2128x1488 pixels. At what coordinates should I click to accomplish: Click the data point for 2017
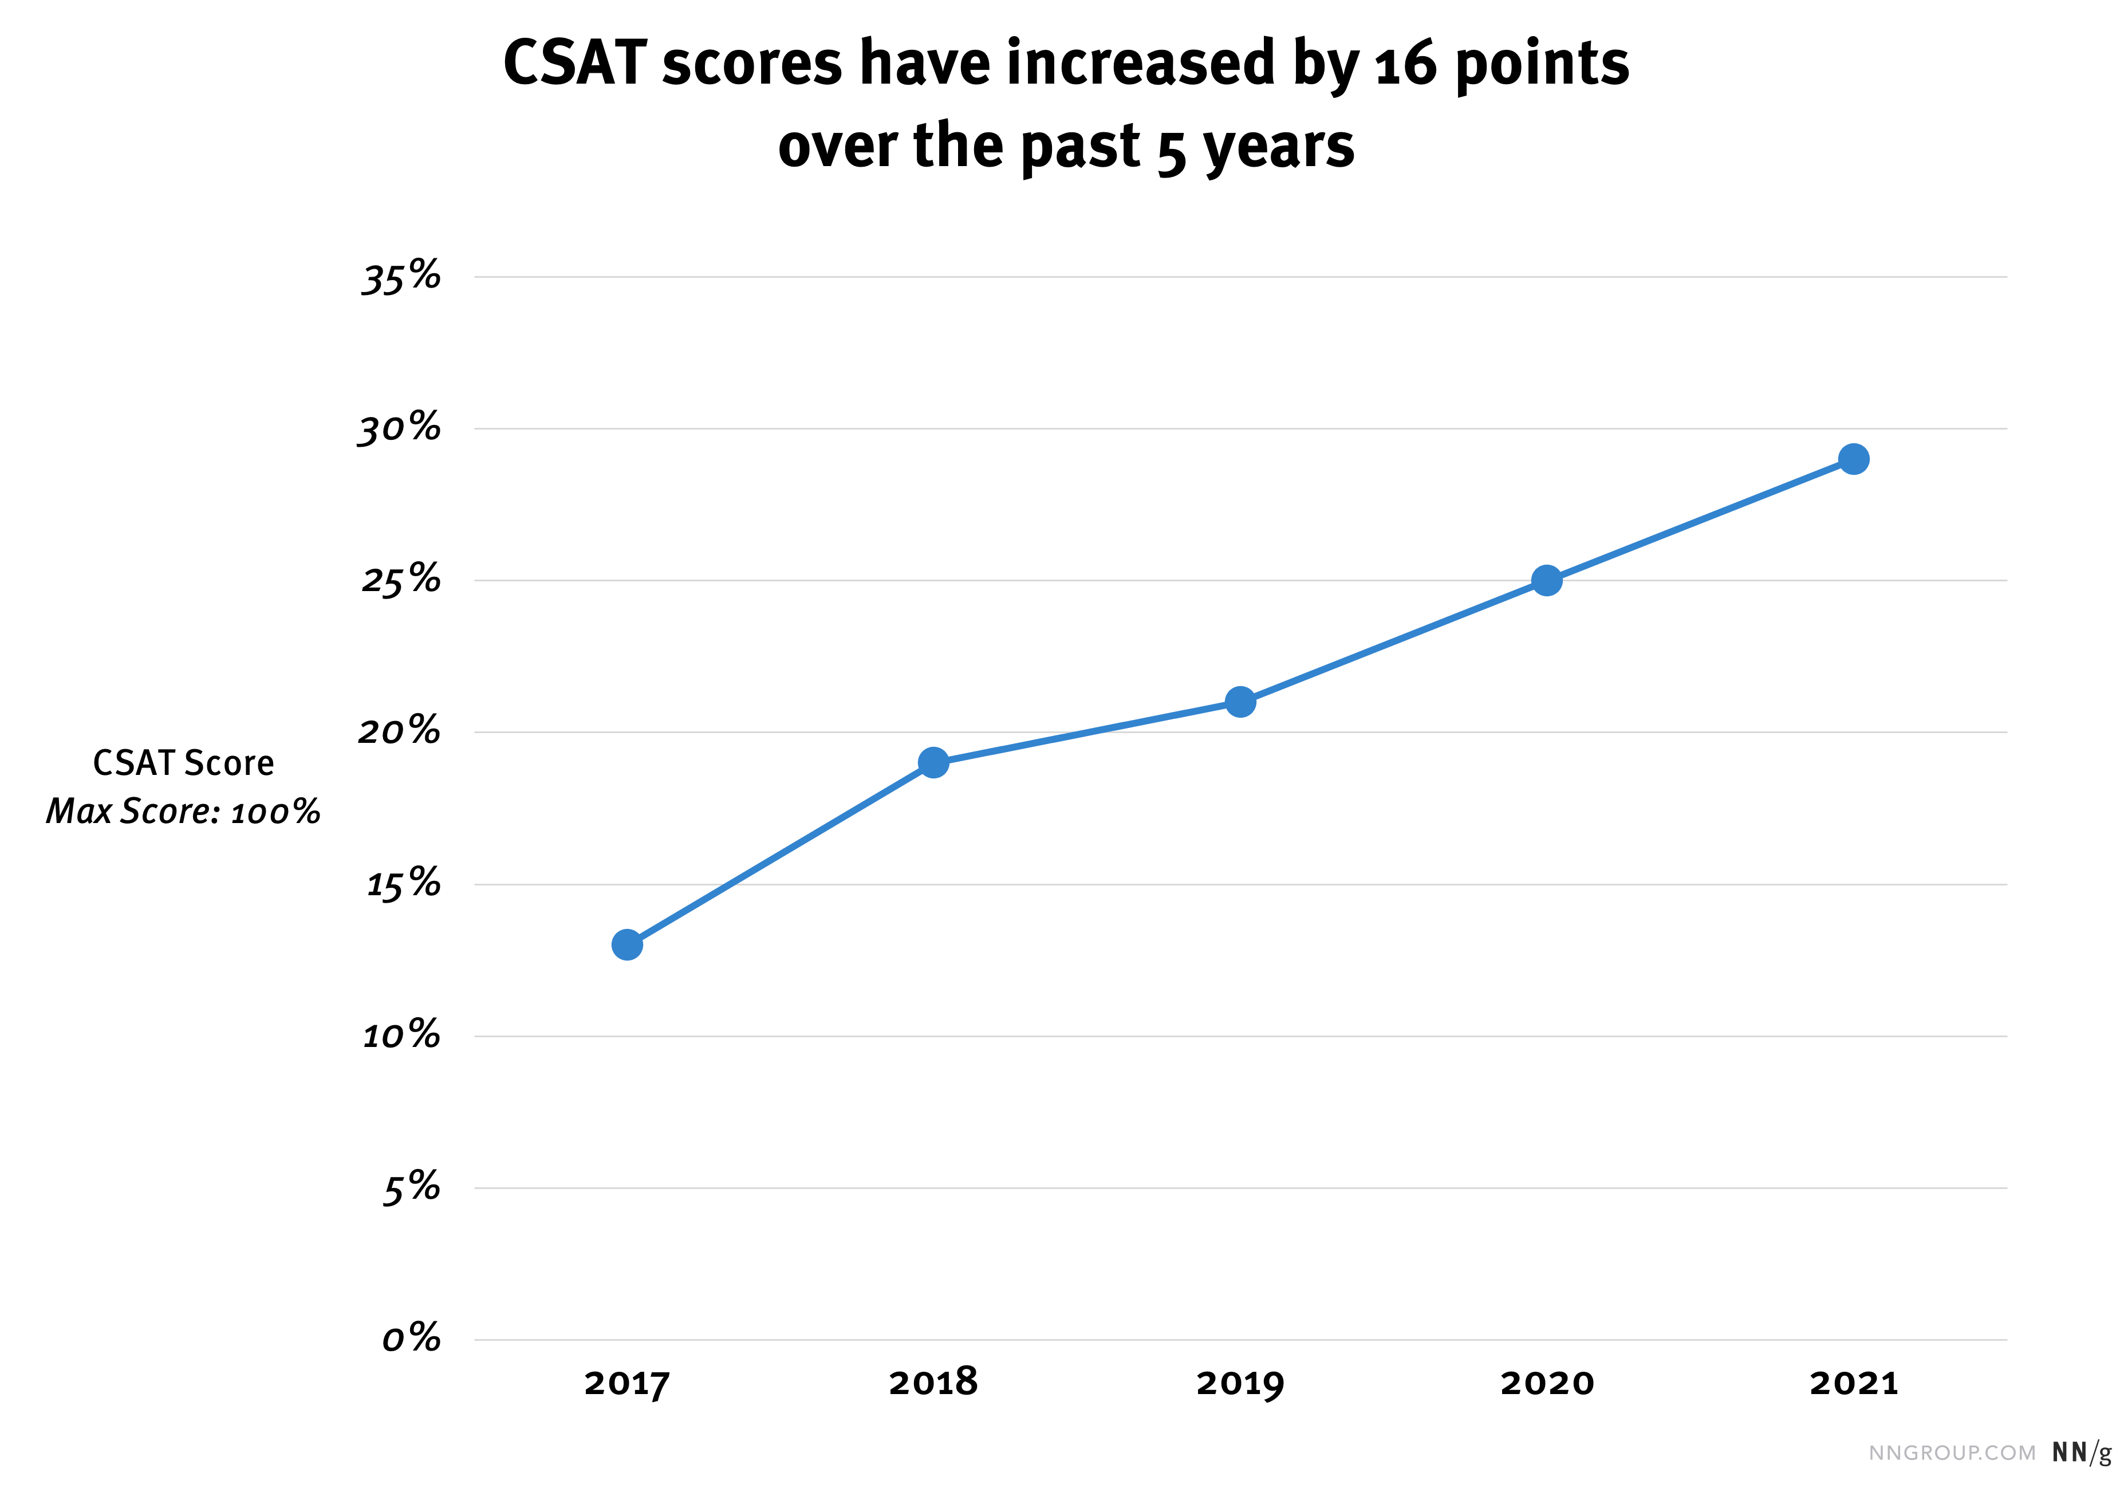[628, 944]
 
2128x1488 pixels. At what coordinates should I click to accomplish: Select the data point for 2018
[933, 763]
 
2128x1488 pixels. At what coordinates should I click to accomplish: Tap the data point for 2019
[1240, 702]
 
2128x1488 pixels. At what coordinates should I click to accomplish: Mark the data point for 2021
[1854, 459]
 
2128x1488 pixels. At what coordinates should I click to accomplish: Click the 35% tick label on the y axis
[400, 277]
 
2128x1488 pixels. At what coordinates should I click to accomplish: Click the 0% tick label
[411, 1339]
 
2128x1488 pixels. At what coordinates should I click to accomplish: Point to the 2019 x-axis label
[1240, 1383]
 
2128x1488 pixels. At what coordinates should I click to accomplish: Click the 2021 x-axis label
[1854, 1383]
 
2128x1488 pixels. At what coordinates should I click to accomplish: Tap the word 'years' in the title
[1279, 147]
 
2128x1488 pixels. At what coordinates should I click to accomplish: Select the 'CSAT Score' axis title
[183, 763]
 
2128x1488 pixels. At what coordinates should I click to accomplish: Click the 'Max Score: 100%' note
[183, 811]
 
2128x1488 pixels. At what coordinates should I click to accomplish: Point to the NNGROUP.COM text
[1952, 1452]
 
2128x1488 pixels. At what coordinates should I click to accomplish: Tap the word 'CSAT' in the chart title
[574, 65]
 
